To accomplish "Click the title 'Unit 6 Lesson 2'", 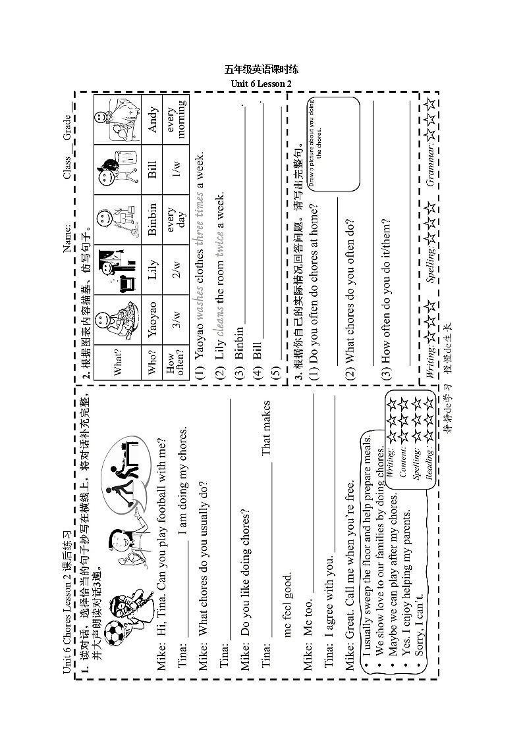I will pyautogui.click(x=261, y=84).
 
